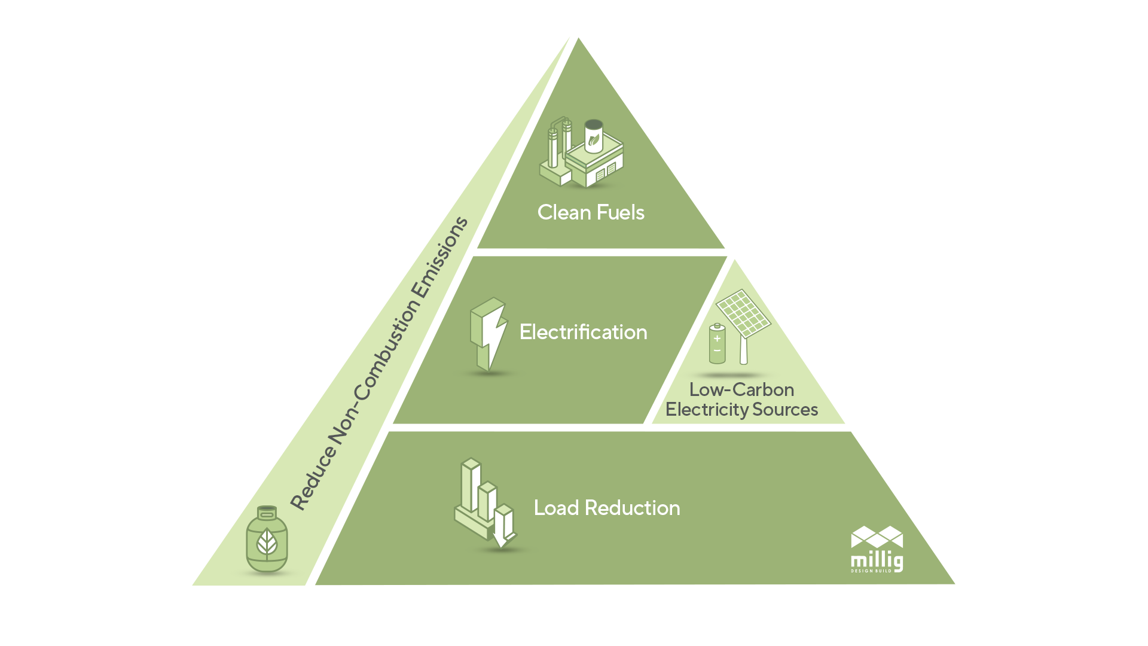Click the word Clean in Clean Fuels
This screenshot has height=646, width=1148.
click(x=564, y=212)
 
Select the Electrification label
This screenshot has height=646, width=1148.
click(x=583, y=332)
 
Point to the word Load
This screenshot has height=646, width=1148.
click(x=556, y=508)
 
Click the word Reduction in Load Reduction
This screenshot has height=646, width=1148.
click(x=632, y=508)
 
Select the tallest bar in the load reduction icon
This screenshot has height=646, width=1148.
click(x=471, y=484)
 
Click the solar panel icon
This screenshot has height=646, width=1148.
click(x=743, y=313)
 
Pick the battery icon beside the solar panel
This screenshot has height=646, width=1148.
click(x=717, y=345)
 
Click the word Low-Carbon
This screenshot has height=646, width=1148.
click(x=741, y=389)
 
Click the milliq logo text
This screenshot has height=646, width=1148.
click(x=877, y=561)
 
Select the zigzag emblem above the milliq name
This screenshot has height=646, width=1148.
click(x=877, y=537)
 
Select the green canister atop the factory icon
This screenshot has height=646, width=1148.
click(x=593, y=136)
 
